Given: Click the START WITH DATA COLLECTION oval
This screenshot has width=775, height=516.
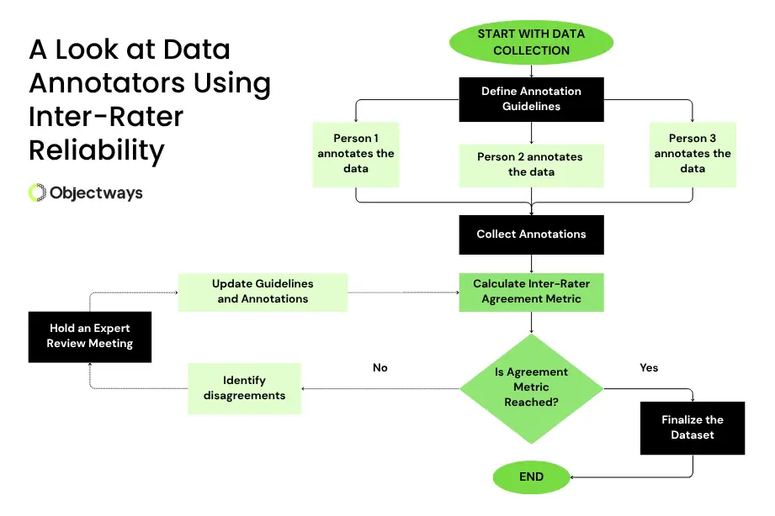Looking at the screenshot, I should coord(531,42).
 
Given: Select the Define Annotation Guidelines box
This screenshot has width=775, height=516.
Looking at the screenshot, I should coord(531,99).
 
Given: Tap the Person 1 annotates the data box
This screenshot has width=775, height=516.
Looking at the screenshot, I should coord(355,154).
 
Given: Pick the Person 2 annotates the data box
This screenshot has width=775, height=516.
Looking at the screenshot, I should coord(531,165).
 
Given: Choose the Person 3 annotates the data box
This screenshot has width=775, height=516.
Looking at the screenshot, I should coord(693,154).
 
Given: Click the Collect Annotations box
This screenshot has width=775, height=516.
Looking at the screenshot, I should coord(531,234).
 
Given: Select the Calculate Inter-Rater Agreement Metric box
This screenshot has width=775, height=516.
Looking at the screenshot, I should coord(531,292).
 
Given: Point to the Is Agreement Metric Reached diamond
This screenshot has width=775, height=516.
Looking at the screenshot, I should coord(531,387).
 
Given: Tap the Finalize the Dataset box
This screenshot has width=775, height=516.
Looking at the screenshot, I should coord(693,427).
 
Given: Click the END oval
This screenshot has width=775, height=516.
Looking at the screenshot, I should coord(531,477).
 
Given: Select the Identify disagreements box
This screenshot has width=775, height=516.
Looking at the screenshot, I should coord(244,387).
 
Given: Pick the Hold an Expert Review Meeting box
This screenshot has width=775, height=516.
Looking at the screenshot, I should coord(89,336).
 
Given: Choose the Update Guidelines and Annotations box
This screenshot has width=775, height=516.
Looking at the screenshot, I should coord(263,292).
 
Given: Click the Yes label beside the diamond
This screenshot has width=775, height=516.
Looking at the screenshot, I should coord(649,367).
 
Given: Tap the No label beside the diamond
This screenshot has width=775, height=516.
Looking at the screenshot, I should coord(380,367).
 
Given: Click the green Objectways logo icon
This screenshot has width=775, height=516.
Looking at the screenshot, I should coord(36,192).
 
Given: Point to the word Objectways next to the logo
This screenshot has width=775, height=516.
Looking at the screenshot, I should coord(96,192).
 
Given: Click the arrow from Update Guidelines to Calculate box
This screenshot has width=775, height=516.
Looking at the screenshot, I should coord(404,292).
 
